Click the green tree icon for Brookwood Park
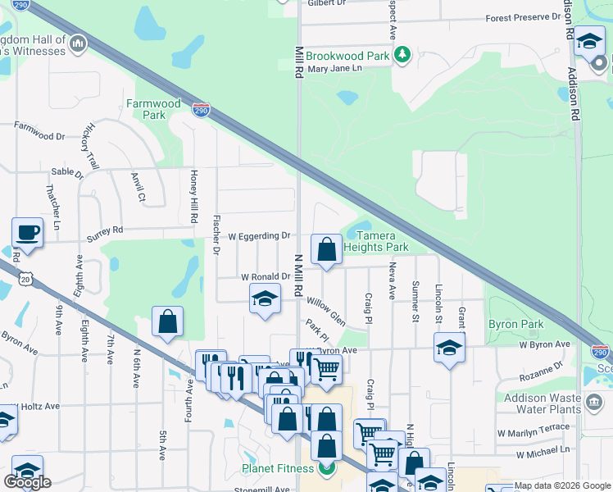[x=402, y=55]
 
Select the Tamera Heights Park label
[x=375, y=241]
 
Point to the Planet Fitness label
[x=277, y=468]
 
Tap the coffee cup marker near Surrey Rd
[x=27, y=232]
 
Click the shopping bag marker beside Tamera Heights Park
[x=326, y=249]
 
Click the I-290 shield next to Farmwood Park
[x=201, y=110]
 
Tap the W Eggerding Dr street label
[x=253, y=235]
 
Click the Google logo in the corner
[x=27, y=482]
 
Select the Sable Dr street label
[x=67, y=174]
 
